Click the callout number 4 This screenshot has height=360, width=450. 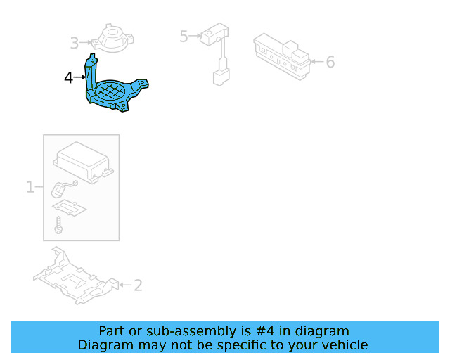coord(68,78)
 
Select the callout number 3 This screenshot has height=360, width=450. coord(75,44)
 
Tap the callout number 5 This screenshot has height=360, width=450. coord(184,36)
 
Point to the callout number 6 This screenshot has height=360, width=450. coord(330,62)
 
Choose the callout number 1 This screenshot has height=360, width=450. coord(30,187)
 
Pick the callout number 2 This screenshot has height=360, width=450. coord(138,285)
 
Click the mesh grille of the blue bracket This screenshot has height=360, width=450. coord(115,91)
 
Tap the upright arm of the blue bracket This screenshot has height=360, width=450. coord(91,74)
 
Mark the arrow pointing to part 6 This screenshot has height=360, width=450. coord(316,62)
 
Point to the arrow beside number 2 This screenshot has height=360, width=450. coord(124,285)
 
